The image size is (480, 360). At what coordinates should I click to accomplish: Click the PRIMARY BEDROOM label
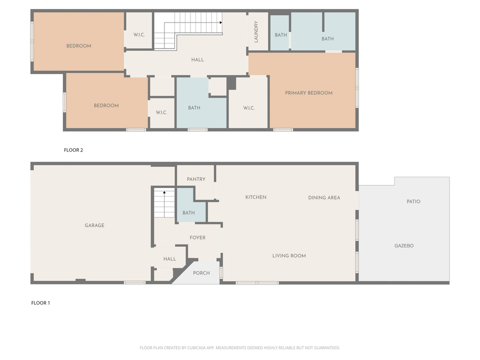tap(308, 93)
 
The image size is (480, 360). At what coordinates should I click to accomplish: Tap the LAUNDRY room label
tap(256, 31)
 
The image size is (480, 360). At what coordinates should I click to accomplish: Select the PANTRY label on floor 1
tap(196, 179)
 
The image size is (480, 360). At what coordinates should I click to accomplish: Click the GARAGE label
tap(94, 225)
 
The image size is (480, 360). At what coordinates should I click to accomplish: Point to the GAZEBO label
tap(404, 246)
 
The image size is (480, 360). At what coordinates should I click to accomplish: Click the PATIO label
tap(413, 201)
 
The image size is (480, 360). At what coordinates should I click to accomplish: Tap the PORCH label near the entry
tap(201, 273)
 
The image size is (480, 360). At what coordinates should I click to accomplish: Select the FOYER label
tap(197, 238)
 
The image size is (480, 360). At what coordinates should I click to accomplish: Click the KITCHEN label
tap(255, 197)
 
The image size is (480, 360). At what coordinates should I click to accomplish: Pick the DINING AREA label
tap(324, 198)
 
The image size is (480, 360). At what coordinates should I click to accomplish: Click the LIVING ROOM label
tap(289, 256)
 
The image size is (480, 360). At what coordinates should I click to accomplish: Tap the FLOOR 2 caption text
tap(73, 149)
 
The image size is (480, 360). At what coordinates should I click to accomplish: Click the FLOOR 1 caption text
tap(40, 303)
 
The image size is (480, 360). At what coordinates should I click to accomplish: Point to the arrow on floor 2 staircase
tap(220, 22)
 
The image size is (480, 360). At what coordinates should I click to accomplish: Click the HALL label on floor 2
tap(197, 60)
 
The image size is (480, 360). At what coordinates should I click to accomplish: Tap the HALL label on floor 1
tap(169, 259)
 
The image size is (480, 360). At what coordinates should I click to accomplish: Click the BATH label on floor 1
tap(188, 213)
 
